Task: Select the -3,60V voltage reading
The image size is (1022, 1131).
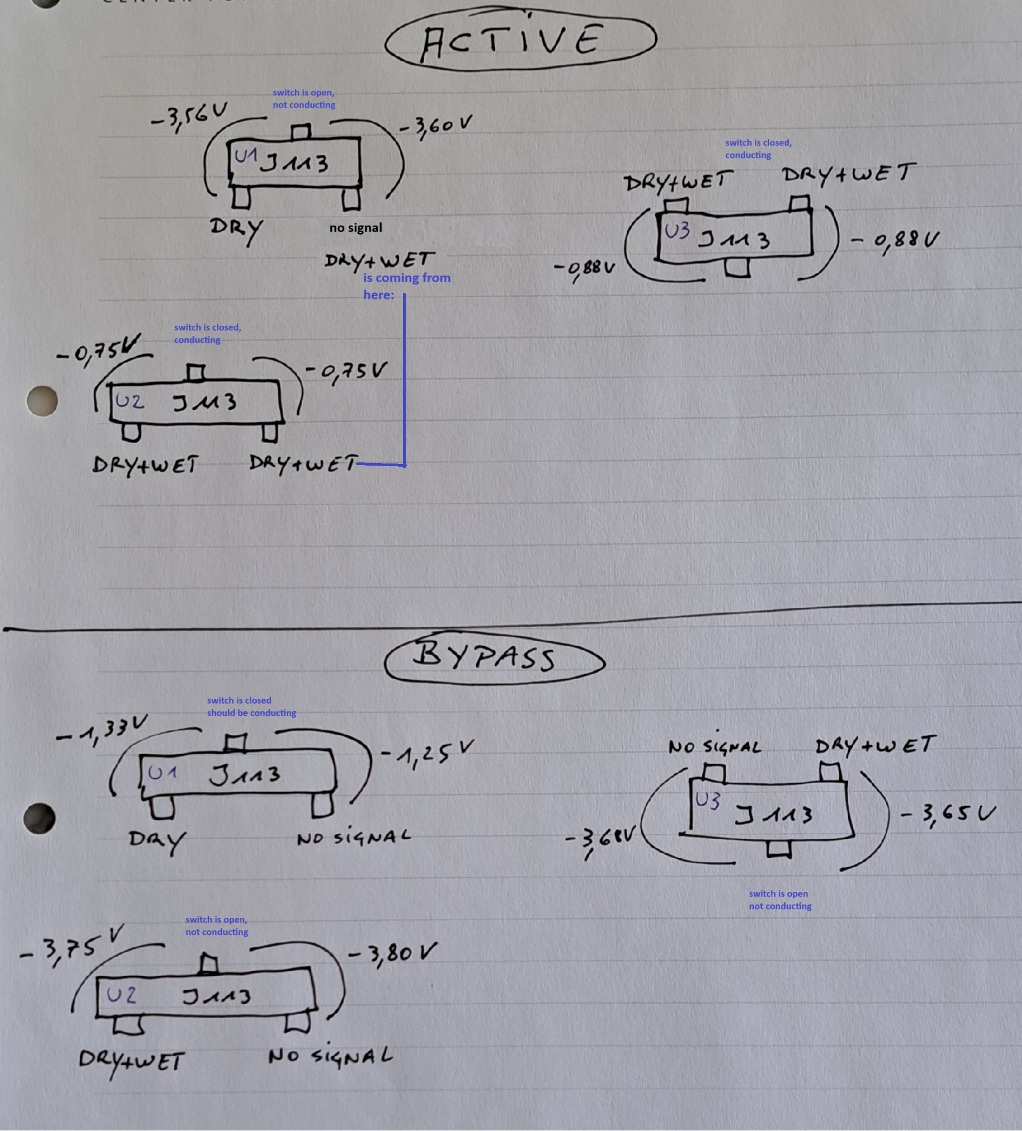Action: point(435,125)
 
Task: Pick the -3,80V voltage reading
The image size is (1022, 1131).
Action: point(392,953)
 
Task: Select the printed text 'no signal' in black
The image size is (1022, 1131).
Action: point(356,228)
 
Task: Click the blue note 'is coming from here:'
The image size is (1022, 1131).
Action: point(406,285)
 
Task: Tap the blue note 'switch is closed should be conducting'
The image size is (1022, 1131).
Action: point(251,706)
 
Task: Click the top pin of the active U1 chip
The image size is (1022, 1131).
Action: point(301,132)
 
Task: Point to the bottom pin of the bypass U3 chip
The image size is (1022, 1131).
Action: point(779,849)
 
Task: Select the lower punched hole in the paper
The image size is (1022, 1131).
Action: point(39,819)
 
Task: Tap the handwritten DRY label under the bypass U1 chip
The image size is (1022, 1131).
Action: point(157,840)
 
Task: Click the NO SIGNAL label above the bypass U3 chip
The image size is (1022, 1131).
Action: point(715,747)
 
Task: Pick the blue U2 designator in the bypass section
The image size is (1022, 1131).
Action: point(121,995)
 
